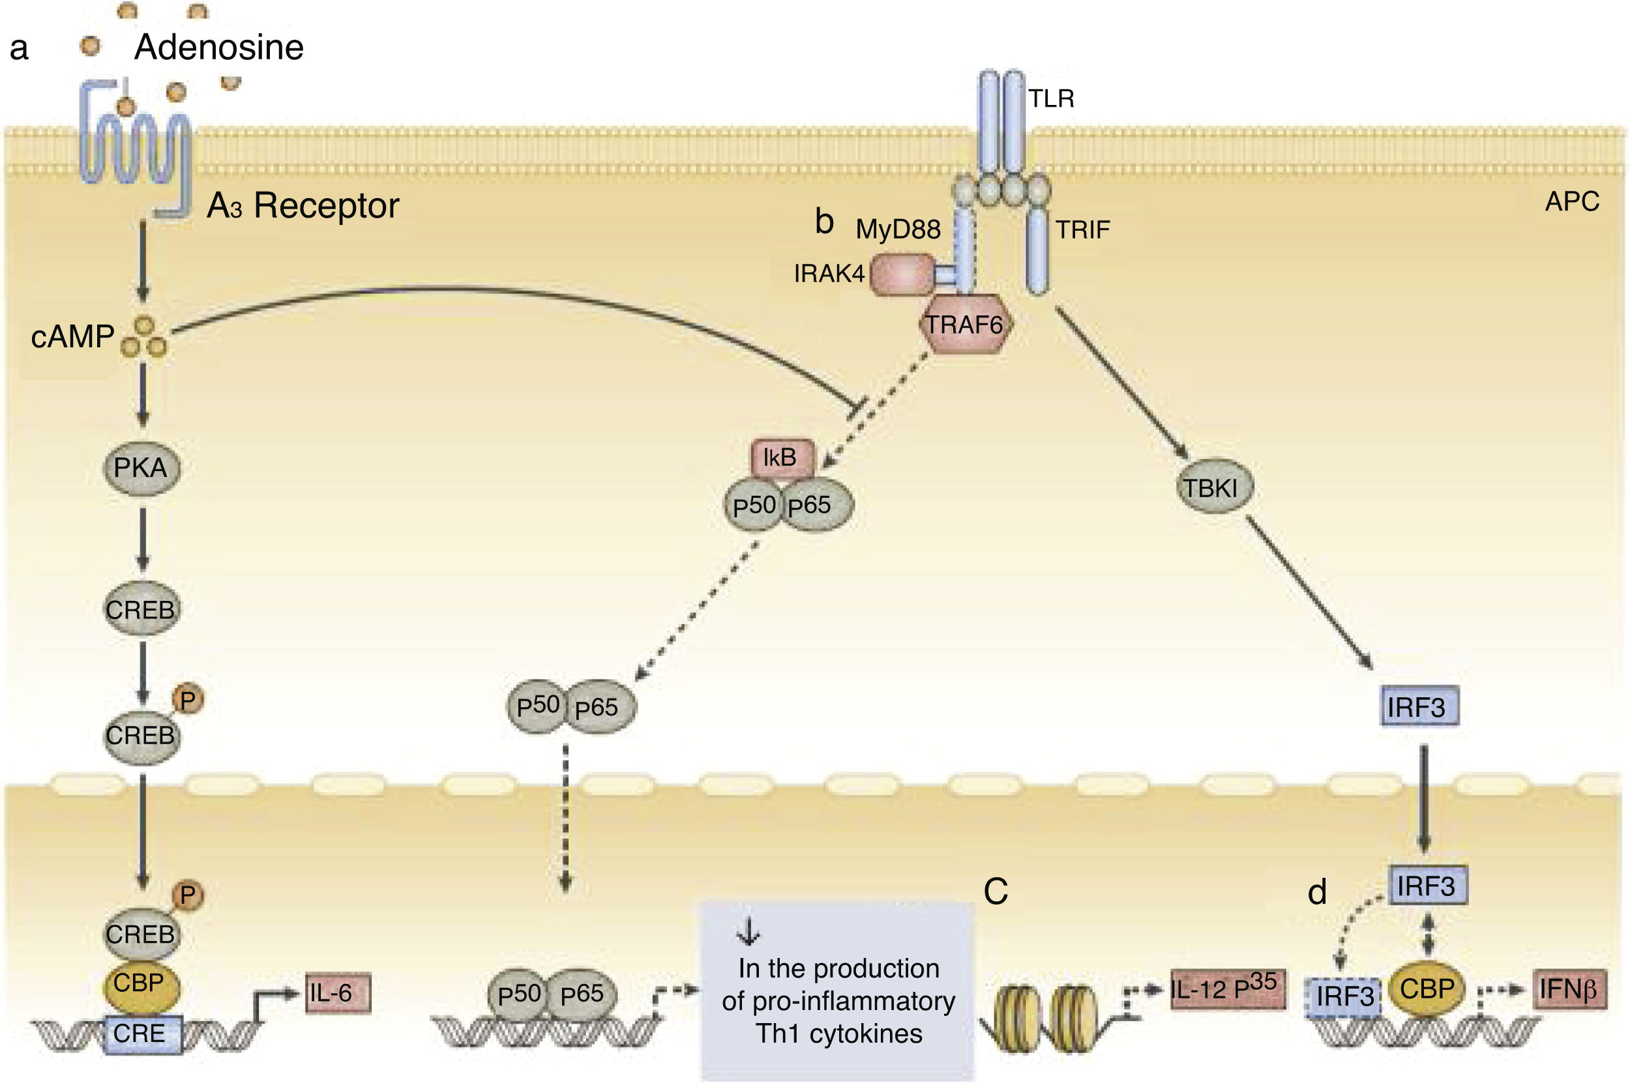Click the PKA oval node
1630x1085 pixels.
click(x=141, y=469)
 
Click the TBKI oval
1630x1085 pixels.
click(x=1215, y=488)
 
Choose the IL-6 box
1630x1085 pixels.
click(x=338, y=993)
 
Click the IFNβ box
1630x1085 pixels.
click(x=1569, y=989)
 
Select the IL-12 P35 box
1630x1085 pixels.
click(x=1227, y=989)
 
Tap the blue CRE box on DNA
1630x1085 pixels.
click(x=143, y=1034)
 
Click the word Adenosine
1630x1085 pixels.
click(x=218, y=47)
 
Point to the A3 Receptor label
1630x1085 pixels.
click(x=303, y=205)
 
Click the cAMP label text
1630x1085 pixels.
click(x=72, y=337)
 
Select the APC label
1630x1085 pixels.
click(x=1572, y=201)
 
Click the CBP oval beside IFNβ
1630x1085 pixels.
click(x=1427, y=989)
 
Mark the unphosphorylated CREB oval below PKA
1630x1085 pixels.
click(x=141, y=610)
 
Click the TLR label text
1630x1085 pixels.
click(x=1050, y=99)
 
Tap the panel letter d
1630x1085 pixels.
click(x=1316, y=893)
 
